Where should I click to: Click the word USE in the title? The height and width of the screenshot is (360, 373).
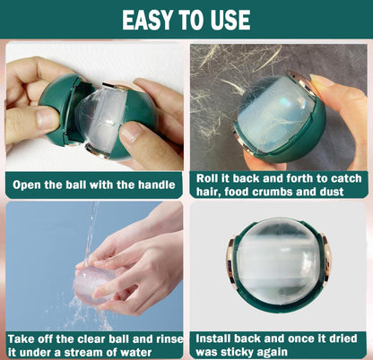click(x=230, y=20)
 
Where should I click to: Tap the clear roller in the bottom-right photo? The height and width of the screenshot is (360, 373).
click(x=281, y=261)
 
